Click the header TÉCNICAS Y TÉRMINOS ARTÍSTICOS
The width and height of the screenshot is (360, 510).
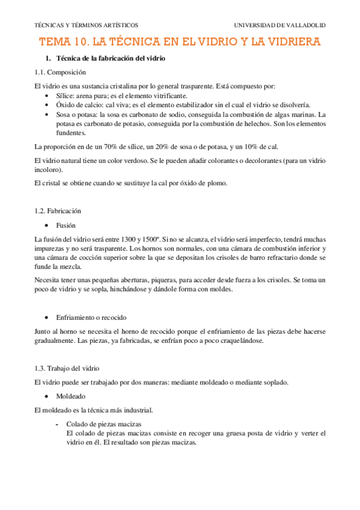click(87, 25)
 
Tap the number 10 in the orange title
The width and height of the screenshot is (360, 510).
click(82, 42)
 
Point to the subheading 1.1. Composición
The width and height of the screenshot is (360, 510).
click(61, 72)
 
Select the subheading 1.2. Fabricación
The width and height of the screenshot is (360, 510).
click(58, 210)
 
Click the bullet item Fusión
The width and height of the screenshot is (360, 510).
click(66, 226)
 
